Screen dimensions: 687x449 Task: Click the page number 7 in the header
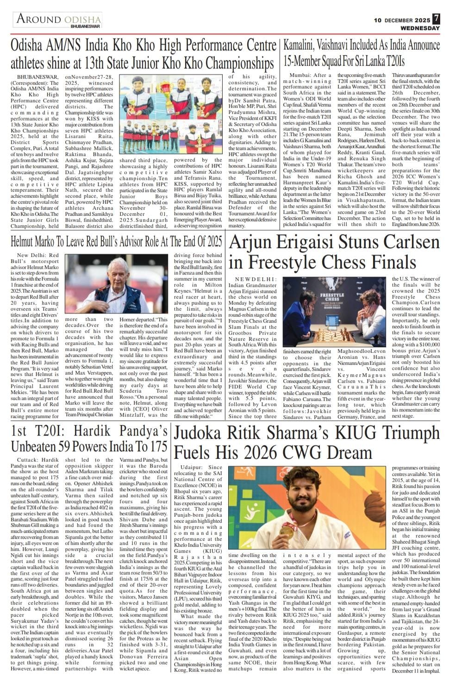point(436,19)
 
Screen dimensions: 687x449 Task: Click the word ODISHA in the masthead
point(83,19)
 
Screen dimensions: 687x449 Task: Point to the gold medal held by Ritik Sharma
point(287,529)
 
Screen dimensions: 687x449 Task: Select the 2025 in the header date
point(421,20)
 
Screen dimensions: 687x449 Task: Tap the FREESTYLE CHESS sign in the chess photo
point(332,296)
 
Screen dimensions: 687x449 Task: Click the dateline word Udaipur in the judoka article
point(191,468)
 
